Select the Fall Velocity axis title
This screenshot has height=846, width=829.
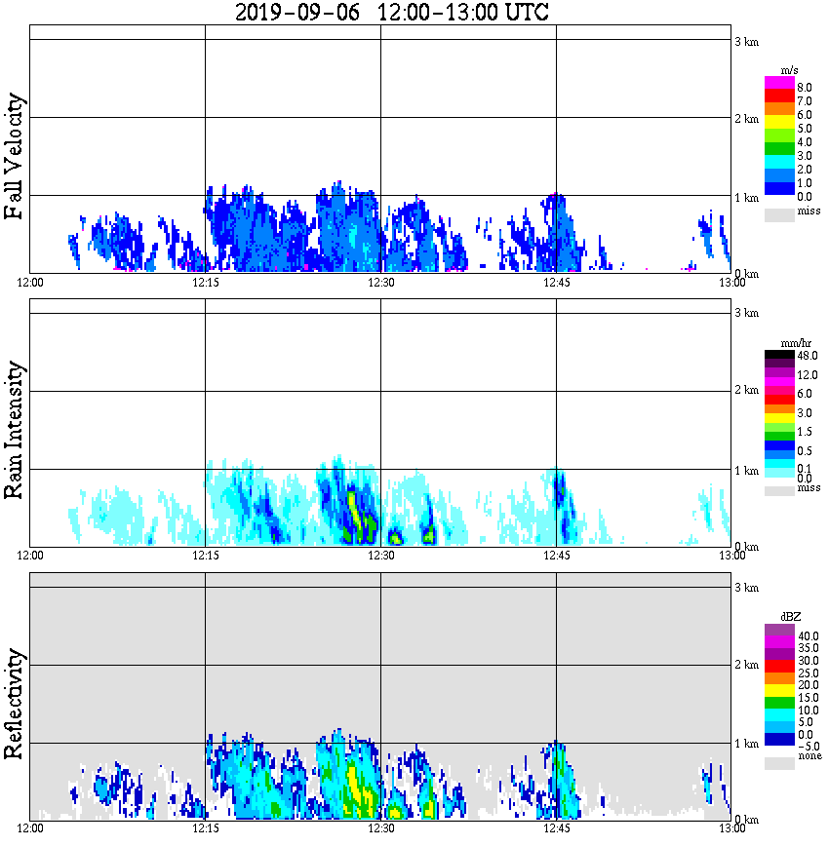click(16, 157)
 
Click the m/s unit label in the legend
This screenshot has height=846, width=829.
click(791, 71)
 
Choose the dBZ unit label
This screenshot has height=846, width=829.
click(793, 617)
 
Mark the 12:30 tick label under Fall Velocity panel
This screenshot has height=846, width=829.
click(380, 283)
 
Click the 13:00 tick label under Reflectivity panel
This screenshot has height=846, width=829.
click(731, 828)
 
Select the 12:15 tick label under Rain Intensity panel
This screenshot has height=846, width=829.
click(205, 556)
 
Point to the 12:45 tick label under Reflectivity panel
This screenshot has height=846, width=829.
click(556, 828)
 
